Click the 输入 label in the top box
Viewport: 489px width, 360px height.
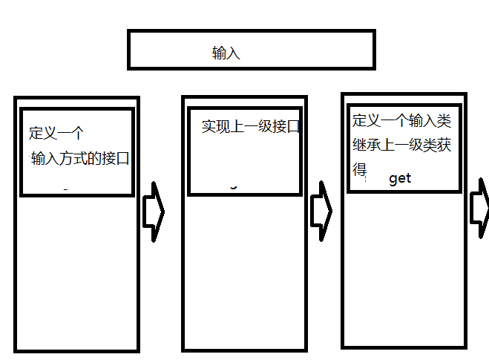[226, 53]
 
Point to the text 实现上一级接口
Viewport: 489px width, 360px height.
[250, 126]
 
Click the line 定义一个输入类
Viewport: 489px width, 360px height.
[401, 121]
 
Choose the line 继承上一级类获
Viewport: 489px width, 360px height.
[401, 145]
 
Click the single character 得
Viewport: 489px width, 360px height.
[360, 170]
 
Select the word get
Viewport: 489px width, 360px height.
[399, 179]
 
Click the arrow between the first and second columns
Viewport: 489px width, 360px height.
[153, 211]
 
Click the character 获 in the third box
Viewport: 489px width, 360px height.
[444, 145]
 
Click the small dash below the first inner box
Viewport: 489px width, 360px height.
[66, 191]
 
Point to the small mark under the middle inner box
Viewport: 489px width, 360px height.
[234, 187]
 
